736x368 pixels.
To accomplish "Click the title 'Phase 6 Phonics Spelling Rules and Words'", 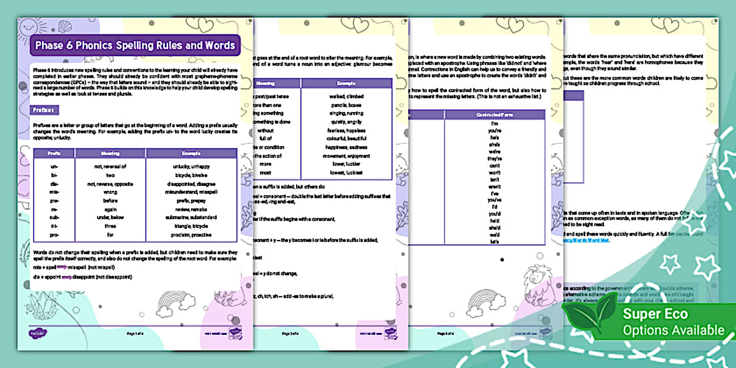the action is (135, 45).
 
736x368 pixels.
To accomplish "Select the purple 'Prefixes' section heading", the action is (44, 110).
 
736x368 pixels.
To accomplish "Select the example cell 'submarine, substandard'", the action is (191, 217).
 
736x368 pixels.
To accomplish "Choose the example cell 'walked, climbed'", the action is (346, 96).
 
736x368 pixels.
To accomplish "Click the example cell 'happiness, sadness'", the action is (346, 147).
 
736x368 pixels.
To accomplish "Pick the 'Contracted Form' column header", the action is (494, 114).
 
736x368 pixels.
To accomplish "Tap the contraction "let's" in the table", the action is (494, 241).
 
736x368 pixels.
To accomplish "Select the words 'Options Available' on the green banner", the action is (673, 331).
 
